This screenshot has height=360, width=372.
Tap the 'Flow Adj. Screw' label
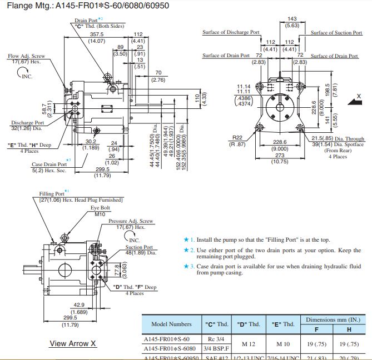click(26, 56)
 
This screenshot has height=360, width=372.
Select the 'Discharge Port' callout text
click(27, 123)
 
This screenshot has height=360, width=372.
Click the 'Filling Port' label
click(52, 194)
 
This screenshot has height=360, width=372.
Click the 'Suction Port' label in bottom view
click(139, 247)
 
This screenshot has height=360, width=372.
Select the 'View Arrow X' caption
click(73, 343)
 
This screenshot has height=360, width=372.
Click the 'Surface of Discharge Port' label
click(231, 32)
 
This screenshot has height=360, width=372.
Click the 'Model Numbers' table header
click(171, 324)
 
